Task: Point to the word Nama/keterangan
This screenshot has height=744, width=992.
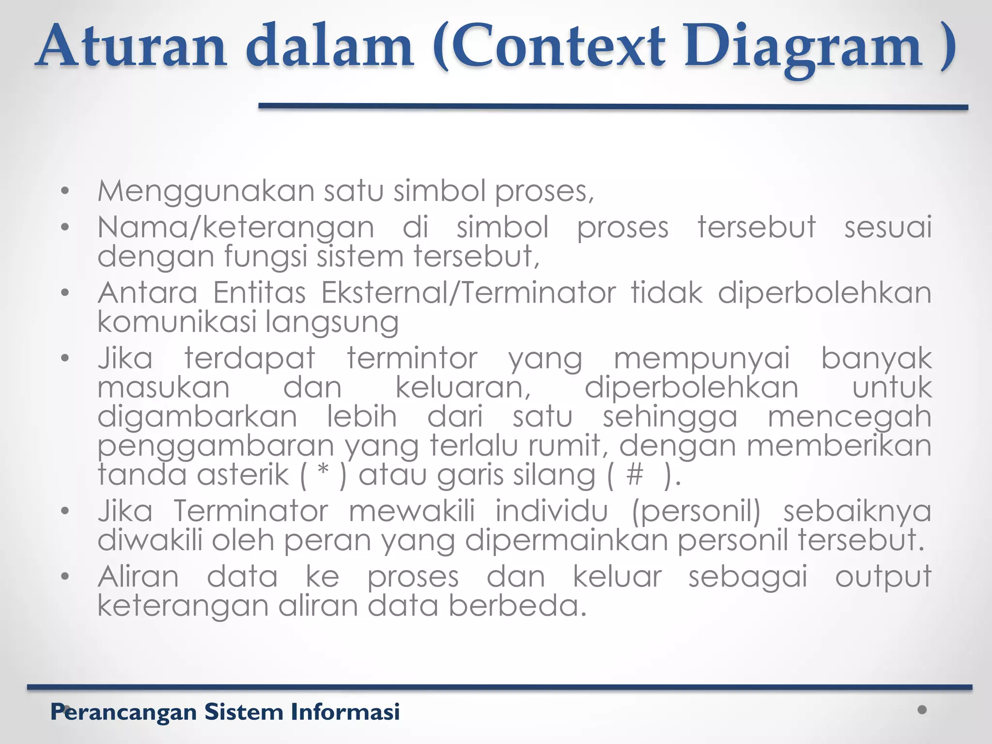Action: (236, 228)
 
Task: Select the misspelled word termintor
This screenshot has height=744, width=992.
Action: (412, 359)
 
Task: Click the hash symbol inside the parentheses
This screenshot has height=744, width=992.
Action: (635, 474)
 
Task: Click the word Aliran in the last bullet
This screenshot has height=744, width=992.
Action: (139, 577)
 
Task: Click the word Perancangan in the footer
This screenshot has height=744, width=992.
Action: (124, 713)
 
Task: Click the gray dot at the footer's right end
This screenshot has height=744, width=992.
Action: (922, 710)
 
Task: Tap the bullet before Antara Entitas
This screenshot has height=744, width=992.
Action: (65, 293)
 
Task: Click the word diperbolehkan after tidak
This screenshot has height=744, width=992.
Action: (824, 294)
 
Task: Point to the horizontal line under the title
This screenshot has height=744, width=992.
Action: (613, 107)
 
